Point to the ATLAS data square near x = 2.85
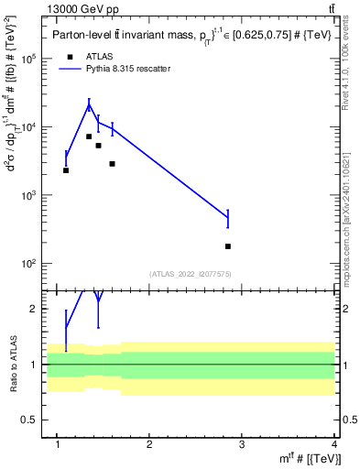tap(227, 246)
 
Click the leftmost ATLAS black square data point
tap(66, 170)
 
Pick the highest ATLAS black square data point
tap(89, 136)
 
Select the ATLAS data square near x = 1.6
tap(112, 164)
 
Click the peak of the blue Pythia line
tap(89, 106)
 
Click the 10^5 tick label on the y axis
tap(27, 59)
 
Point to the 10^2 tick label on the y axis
tap(27, 264)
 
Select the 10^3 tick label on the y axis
tap(27, 195)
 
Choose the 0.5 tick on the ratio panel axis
tap(31, 420)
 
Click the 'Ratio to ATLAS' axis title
tap(12, 365)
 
